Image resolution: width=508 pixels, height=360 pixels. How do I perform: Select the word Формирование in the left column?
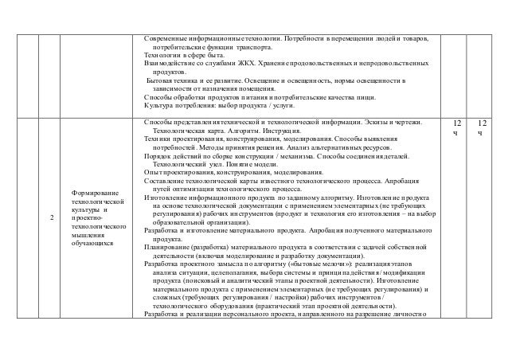[92, 194]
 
